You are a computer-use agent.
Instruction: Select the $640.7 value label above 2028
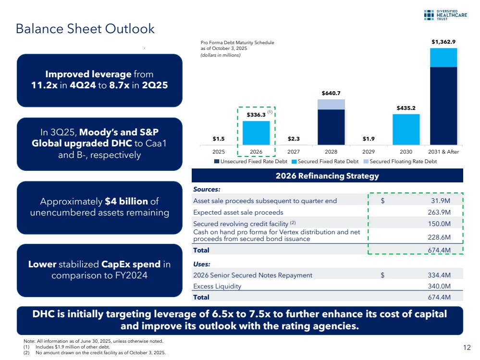point(331,93)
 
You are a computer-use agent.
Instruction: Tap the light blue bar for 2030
point(406,129)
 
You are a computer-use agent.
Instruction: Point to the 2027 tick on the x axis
point(294,152)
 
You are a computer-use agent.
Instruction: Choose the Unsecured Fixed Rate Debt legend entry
point(247,161)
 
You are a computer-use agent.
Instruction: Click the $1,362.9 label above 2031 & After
point(443,42)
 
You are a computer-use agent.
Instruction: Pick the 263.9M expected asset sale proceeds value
point(439,212)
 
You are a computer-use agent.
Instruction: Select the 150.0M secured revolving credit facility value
point(439,224)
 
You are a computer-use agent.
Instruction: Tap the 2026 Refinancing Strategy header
point(327,176)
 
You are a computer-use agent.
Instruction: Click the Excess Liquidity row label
point(217,287)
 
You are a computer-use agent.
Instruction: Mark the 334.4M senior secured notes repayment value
point(439,275)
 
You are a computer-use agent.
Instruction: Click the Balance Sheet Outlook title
point(85,29)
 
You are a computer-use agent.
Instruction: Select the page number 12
point(466,348)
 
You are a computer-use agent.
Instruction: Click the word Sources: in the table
point(206,190)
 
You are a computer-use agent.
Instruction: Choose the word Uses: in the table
point(202,264)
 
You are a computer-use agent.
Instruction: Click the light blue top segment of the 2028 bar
point(331,104)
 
